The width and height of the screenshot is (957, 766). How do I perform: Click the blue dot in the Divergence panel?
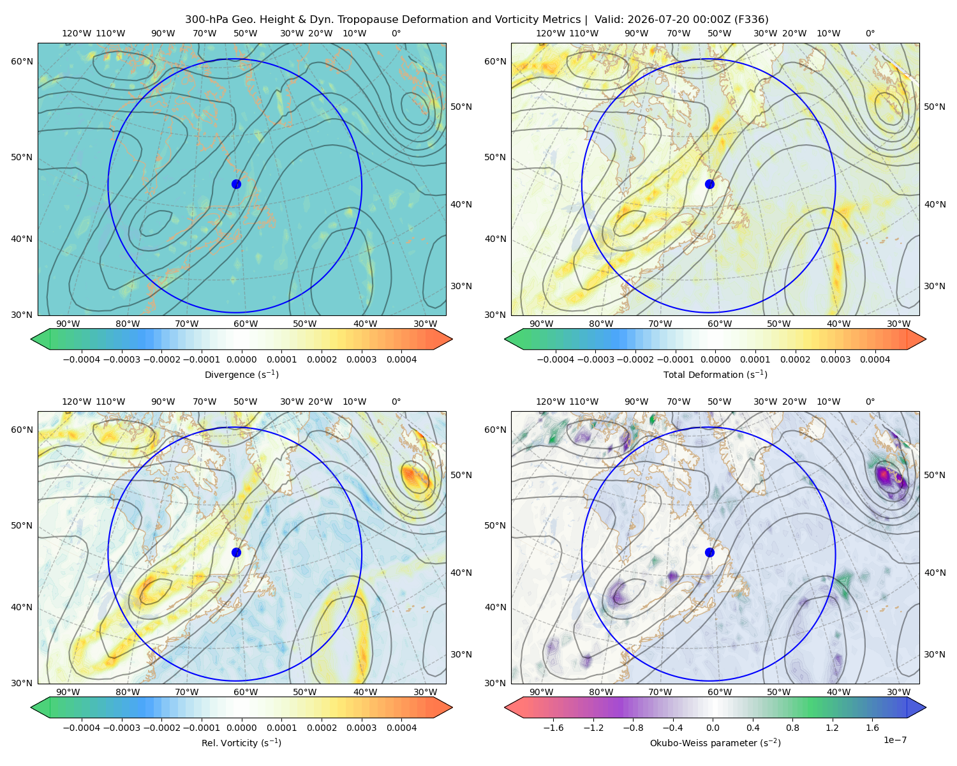point(236,184)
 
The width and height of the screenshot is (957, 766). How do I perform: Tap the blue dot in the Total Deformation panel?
point(709,184)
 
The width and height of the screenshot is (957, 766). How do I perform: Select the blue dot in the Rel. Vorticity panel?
point(236,552)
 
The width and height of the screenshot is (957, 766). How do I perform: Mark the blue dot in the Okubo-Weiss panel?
point(709,552)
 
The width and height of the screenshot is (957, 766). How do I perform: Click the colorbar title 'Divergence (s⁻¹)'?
point(241,374)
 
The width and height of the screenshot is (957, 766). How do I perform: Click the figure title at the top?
point(477,20)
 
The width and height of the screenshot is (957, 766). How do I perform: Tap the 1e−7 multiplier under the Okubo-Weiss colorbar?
point(894,740)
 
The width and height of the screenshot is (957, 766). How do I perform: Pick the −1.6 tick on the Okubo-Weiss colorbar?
point(553,728)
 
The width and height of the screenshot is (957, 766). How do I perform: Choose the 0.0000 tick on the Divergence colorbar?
point(241,359)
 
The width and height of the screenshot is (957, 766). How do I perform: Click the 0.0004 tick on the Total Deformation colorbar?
point(875,359)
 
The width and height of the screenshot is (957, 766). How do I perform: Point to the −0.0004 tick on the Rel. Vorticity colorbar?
point(82,728)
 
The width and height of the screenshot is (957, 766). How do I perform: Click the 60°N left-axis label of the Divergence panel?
point(22,61)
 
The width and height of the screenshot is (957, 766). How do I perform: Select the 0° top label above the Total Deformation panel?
point(870,33)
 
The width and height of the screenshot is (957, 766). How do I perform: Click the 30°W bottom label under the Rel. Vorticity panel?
point(425,692)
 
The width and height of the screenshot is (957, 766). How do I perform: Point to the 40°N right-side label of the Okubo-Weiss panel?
point(935,573)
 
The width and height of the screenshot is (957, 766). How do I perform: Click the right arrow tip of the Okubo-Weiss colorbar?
point(926,707)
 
